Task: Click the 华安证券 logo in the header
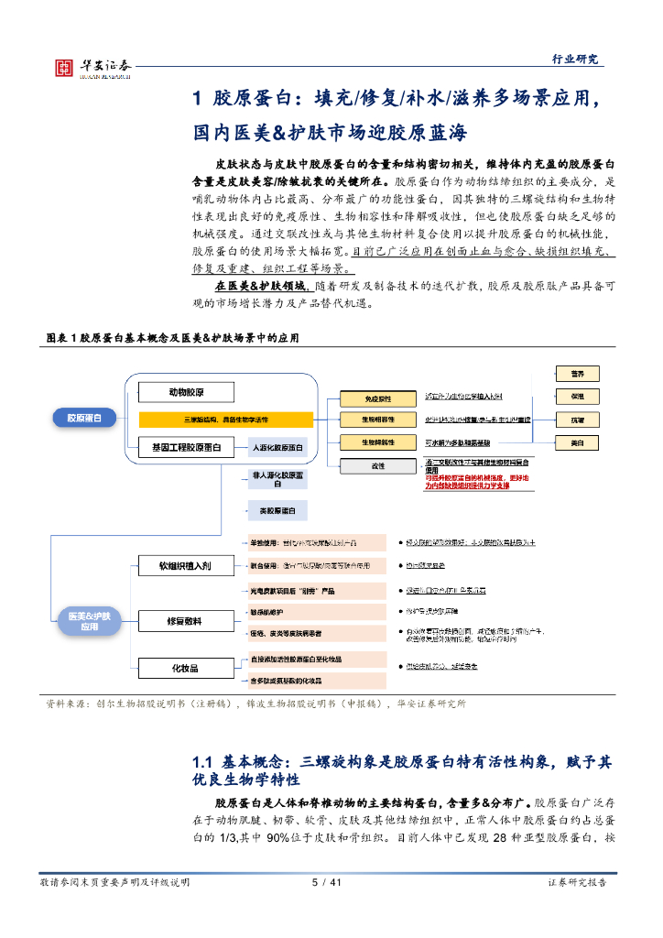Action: [92, 67]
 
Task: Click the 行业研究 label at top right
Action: [576, 59]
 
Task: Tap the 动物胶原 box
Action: [187, 393]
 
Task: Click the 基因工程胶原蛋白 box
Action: [187, 447]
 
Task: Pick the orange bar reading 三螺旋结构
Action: [226, 420]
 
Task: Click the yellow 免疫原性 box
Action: [377, 398]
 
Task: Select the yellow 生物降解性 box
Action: [377, 442]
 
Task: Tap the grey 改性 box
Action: [377, 465]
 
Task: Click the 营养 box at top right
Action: [578, 373]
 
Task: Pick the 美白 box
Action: [578, 442]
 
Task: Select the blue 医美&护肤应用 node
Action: [89, 622]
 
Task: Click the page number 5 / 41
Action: [326, 882]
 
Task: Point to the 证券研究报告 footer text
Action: [576, 882]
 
